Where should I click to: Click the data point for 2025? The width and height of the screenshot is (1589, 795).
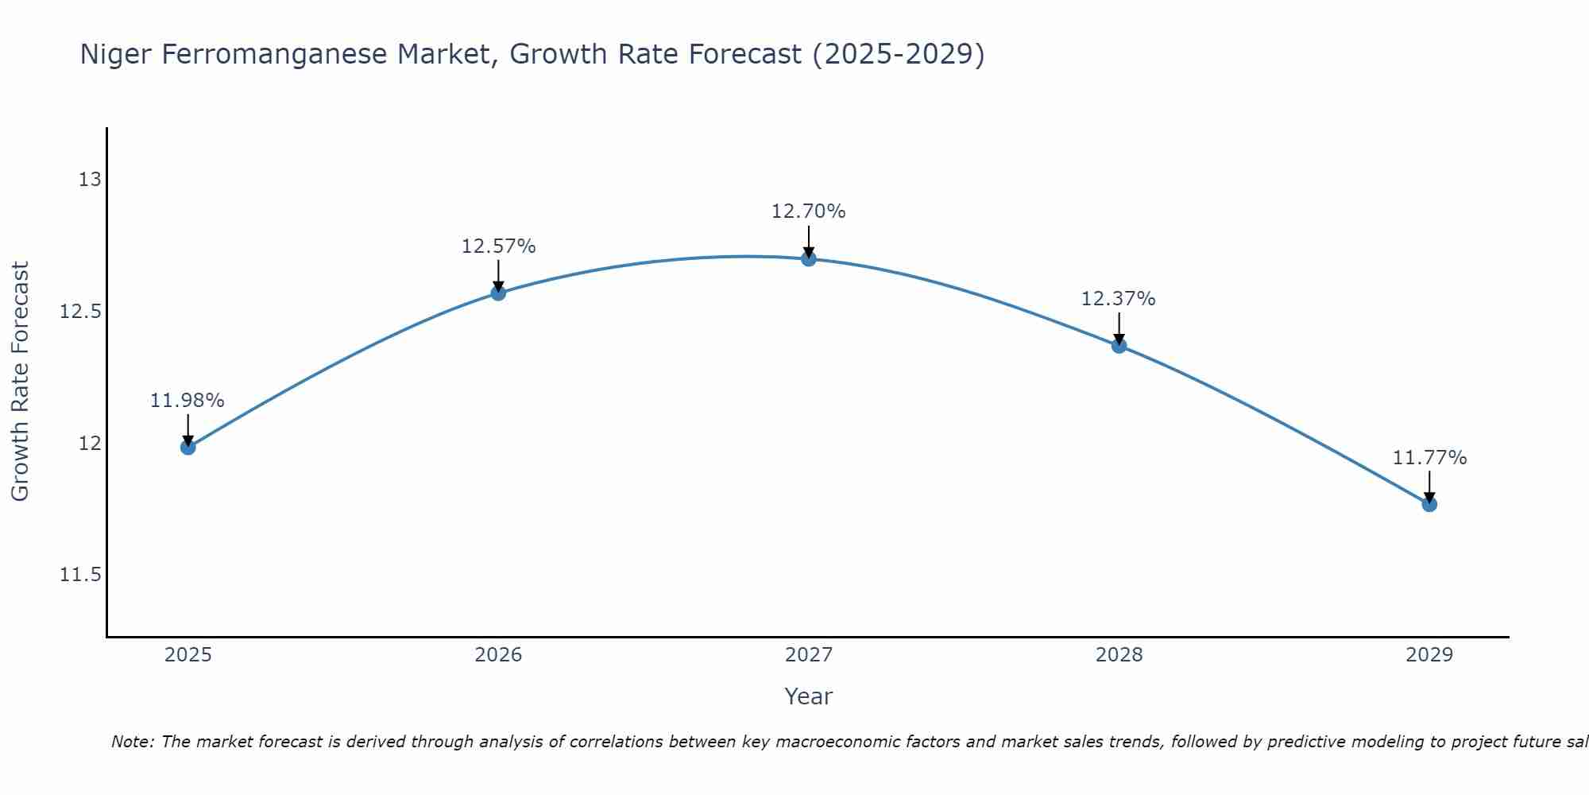pyautogui.click(x=188, y=447)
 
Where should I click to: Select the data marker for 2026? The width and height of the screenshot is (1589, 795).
pyautogui.click(x=498, y=293)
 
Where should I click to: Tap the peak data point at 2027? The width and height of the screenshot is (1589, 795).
pyautogui.click(x=809, y=258)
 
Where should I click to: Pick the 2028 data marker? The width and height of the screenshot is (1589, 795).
pyautogui.click(x=1119, y=346)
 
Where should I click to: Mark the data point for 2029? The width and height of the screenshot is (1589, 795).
pyautogui.click(x=1429, y=504)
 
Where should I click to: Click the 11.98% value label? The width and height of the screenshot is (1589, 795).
pyautogui.click(x=188, y=401)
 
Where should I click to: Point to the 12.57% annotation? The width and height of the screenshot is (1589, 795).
pyautogui.click(x=498, y=246)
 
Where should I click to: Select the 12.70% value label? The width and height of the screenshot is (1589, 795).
pyautogui.click(x=809, y=211)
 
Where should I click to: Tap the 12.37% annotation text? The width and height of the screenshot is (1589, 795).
pyautogui.click(x=1119, y=299)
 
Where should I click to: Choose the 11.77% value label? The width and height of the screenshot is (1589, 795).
pyautogui.click(x=1429, y=458)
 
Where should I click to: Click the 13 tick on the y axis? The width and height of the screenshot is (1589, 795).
pyautogui.click(x=90, y=180)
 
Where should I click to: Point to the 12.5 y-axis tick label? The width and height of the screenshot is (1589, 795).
pyautogui.click(x=81, y=312)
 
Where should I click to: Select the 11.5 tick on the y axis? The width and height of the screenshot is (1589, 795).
pyautogui.click(x=81, y=575)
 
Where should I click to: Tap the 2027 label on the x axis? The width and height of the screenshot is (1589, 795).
pyautogui.click(x=809, y=655)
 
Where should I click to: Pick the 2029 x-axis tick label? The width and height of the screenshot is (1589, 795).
pyautogui.click(x=1429, y=655)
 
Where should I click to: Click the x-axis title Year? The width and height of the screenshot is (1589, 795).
pyautogui.click(x=809, y=696)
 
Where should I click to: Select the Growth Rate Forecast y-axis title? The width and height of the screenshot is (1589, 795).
pyautogui.click(x=21, y=382)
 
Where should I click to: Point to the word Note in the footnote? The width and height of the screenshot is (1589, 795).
pyautogui.click(x=130, y=742)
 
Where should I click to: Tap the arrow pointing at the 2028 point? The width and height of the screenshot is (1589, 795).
pyautogui.click(x=1119, y=327)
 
